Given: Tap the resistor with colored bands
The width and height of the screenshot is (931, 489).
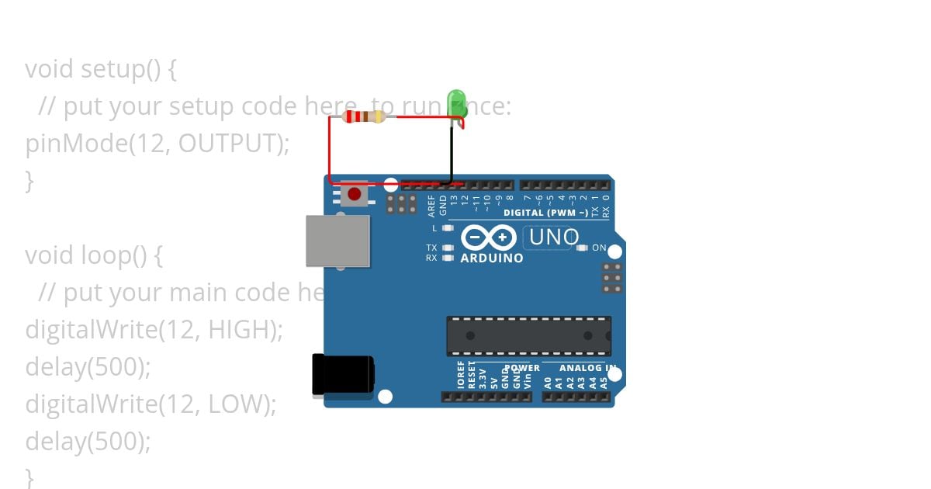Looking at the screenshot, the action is coord(364,117).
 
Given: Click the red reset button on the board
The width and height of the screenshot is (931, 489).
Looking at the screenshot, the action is coord(355,193).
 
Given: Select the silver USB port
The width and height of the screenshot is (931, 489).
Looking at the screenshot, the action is coord(337,241).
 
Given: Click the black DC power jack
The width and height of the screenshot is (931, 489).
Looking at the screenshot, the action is coord(342,375).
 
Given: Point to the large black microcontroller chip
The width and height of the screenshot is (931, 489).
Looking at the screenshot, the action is coord(528,335).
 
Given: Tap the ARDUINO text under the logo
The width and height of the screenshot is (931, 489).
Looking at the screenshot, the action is coord(492,258).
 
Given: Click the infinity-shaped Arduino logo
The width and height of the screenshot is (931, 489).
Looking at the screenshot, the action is coord(489,237).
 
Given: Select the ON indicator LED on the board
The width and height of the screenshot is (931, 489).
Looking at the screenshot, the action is coord(583,248).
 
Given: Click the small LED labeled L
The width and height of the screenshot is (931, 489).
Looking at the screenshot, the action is coord(447,228).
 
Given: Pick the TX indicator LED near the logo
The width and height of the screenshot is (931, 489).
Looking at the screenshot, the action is coord(447,248).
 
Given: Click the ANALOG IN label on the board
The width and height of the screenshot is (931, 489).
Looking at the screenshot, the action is coord(588,368).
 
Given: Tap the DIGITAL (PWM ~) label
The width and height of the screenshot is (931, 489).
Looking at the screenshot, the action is coord(545,213).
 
